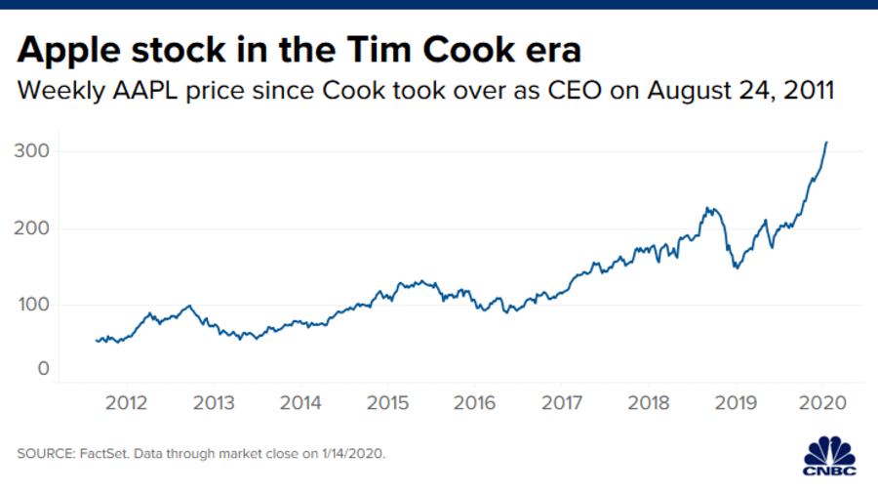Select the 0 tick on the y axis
click(43, 369)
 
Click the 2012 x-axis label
click(127, 403)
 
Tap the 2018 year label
click(649, 403)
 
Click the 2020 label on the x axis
click(822, 403)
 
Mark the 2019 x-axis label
click(736, 403)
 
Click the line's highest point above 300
click(826, 143)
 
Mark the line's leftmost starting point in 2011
click(96, 340)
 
